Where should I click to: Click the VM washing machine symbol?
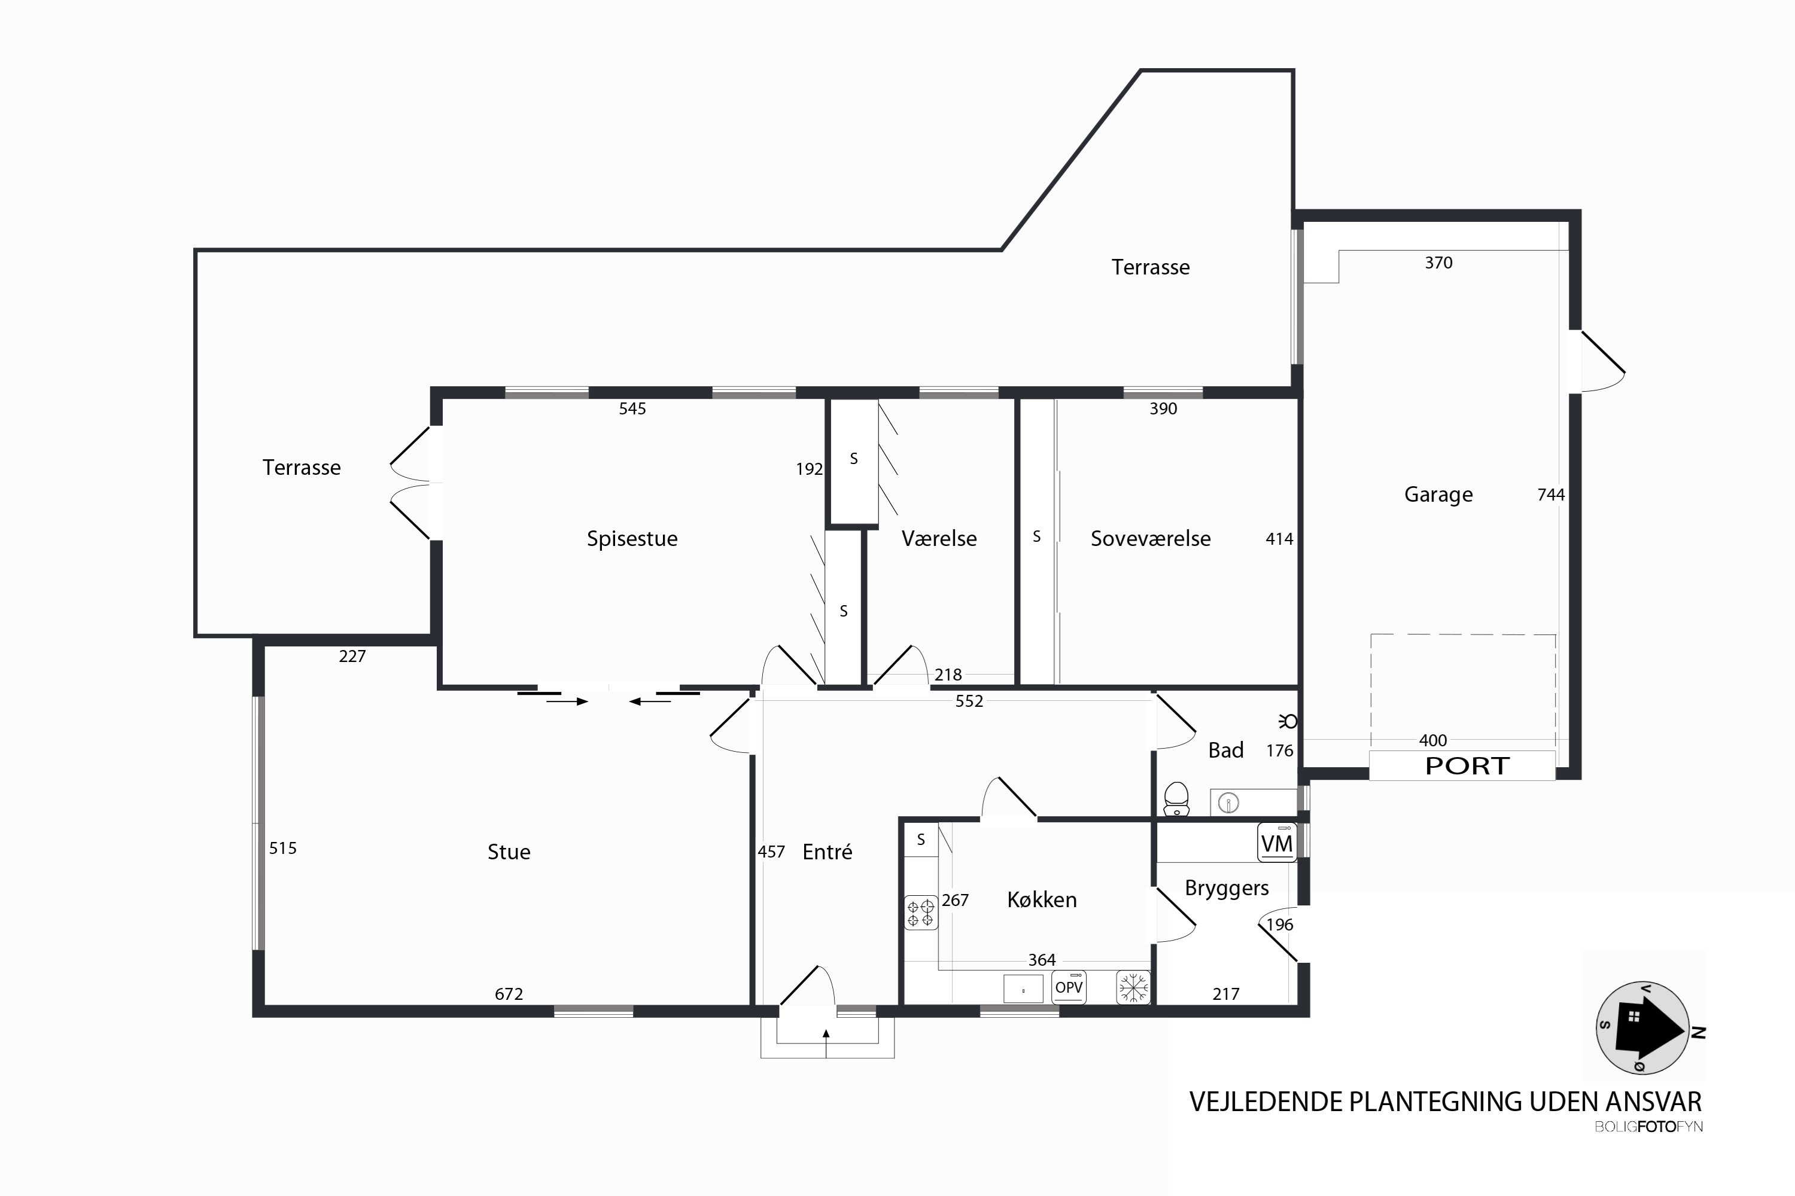click(1277, 843)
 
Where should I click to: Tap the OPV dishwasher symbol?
click(1069, 987)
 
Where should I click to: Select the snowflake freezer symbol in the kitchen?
click(1133, 987)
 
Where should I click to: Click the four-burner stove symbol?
click(920, 913)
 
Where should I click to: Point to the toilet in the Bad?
click(1177, 798)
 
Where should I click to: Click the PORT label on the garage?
click(1467, 766)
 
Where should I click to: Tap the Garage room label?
click(1438, 495)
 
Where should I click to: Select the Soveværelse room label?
click(1150, 539)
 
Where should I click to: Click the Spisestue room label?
click(632, 539)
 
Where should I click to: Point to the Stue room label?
click(509, 852)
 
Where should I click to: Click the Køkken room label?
click(1042, 900)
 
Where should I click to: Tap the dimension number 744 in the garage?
click(1551, 495)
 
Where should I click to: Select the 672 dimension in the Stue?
click(509, 994)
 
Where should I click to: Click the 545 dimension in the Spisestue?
click(632, 409)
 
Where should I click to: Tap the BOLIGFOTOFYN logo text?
click(1648, 1127)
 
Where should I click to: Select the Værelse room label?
click(939, 539)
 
